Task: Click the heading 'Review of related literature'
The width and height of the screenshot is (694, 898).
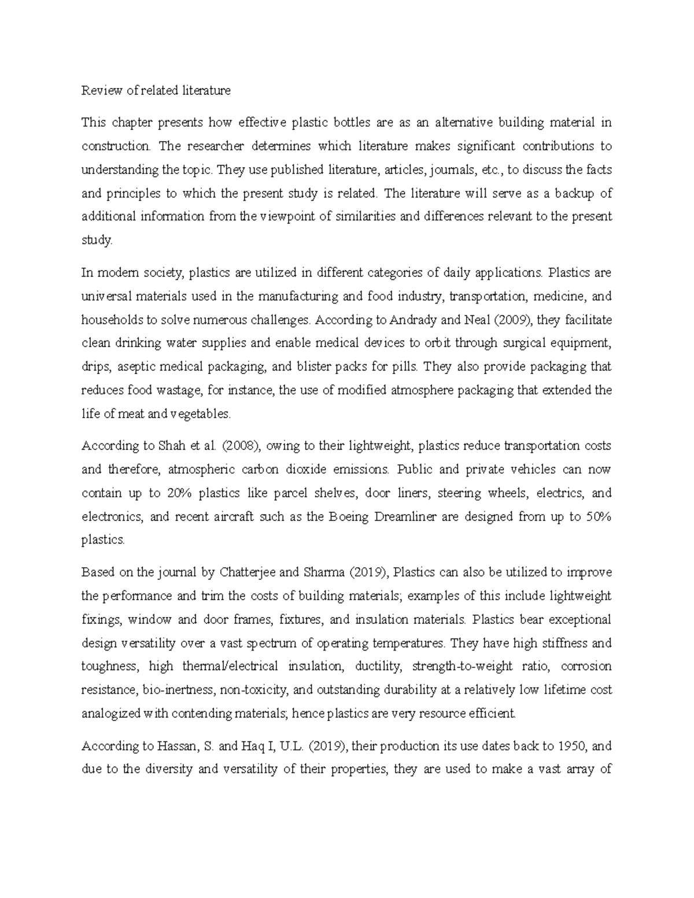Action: point(156,90)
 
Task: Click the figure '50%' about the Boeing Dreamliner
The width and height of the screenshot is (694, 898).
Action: point(599,517)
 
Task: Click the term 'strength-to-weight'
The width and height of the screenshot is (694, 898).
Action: point(462,666)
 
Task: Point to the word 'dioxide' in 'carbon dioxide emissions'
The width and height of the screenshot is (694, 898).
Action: point(318,470)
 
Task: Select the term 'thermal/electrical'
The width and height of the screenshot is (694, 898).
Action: point(230,666)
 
